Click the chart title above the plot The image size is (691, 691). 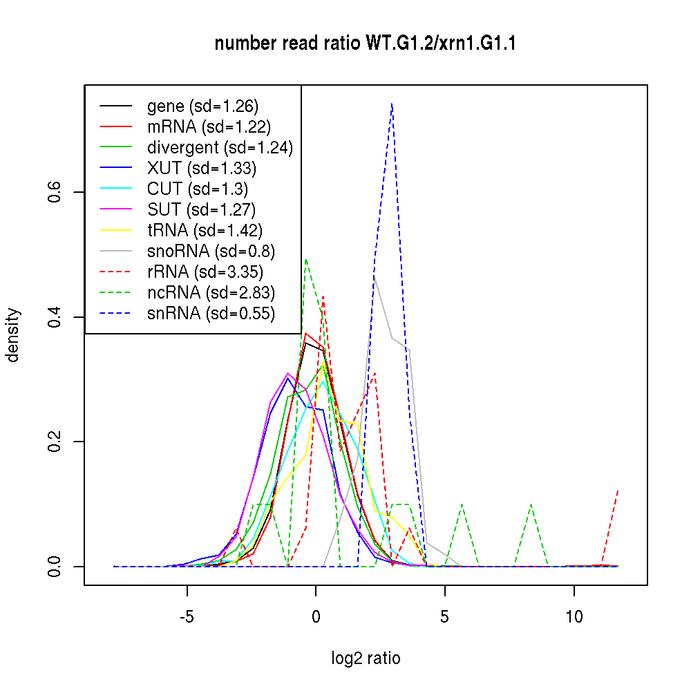pyautogui.click(x=366, y=44)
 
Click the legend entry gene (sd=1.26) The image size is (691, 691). pyautogui.click(x=202, y=106)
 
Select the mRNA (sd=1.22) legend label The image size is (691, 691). pyautogui.click(x=209, y=127)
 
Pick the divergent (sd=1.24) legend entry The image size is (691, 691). pyautogui.click(x=220, y=148)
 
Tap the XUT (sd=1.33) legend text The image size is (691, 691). pyautogui.click(x=202, y=169)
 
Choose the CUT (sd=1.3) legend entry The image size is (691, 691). pyautogui.click(x=198, y=189)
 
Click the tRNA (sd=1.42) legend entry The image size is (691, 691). pyautogui.click(x=205, y=231)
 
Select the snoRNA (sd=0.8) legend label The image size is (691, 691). pyautogui.click(x=211, y=252)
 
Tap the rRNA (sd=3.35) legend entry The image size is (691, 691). pyautogui.click(x=205, y=272)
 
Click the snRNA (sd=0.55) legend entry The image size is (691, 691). pyautogui.click(x=211, y=314)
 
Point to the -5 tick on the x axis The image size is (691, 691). pyautogui.click(x=187, y=616)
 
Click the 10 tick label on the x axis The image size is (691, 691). pyautogui.click(x=574, y=616)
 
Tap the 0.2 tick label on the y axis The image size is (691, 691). pyautogui.click(x=56, y=442)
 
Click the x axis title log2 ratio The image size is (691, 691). pyautogui.click(x=366, y=658)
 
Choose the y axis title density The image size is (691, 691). pyautogui.click(x=13, y=335)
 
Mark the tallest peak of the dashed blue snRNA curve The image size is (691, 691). pyautogui.click(x=392, y=104)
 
